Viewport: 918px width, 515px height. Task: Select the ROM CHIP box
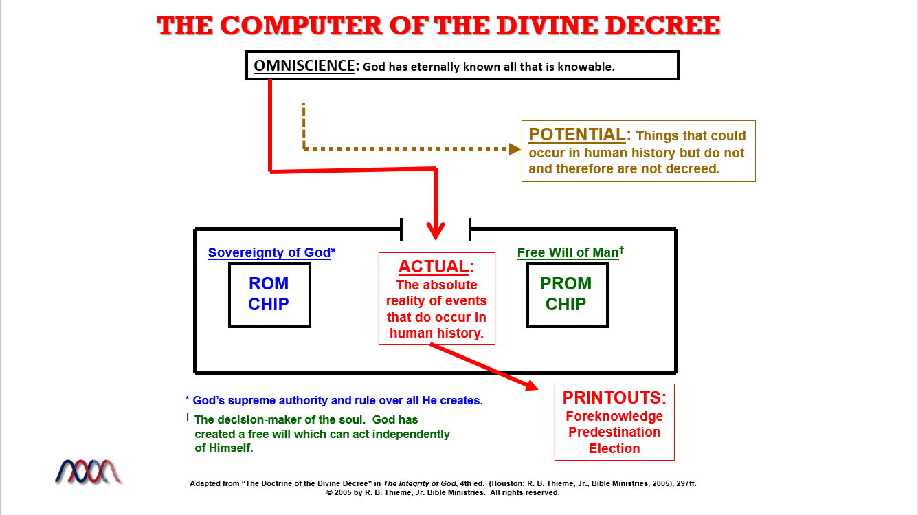click(269, 294)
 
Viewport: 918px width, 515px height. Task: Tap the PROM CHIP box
click(566, 294)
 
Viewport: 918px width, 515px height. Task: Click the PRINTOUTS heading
click(614, 397)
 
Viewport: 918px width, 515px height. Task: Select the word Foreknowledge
click(614, 416)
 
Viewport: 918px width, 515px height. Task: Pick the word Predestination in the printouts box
click(614, 432)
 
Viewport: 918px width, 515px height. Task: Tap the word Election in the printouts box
click(614, 448)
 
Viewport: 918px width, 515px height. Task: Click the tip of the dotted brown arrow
click(517, 149)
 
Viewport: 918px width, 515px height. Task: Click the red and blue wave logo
click(88, 472)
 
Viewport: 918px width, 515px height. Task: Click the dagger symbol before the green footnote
click(187, 417)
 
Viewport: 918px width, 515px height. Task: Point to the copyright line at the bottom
click(443, 492)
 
